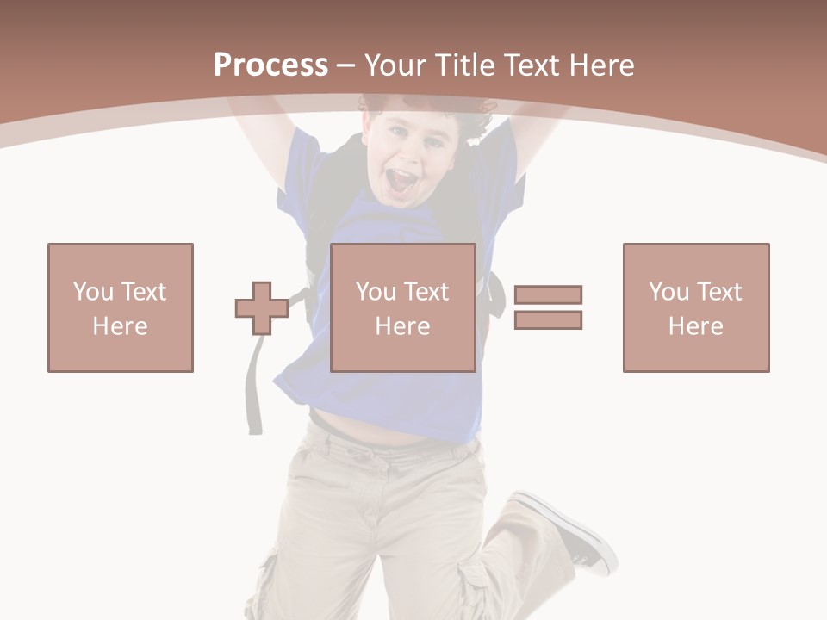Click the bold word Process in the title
(270, 65)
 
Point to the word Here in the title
(600, 65)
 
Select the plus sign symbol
(262, 308)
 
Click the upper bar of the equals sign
(548, 295)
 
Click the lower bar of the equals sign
(548, 319)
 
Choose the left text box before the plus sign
(121, 307)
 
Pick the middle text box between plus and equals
(402, 307)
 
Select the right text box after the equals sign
(695, 307)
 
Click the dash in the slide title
(346, 65)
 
